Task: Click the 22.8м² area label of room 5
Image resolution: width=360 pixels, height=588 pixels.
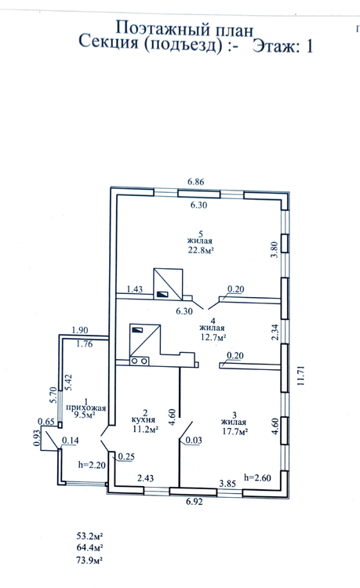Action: [x=201, y=250]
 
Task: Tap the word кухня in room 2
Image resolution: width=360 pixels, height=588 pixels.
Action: [x=144, y=419]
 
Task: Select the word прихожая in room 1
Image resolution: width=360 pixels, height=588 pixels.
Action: [x=85, y=408]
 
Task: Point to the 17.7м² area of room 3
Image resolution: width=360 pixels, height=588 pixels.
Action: [x=235, y=432]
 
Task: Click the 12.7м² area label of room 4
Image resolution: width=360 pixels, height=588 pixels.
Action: [x=213, y=337]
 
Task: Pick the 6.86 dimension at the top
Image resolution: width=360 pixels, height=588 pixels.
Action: [x=196, y=182]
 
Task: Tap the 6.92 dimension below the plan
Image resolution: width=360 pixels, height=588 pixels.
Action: [x=194, y=502]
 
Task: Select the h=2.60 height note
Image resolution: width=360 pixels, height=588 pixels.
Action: [x=257, y=477]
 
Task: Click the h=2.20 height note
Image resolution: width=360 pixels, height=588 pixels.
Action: [x=92, y=465]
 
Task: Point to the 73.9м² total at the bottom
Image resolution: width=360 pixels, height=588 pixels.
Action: [x=90, y=561]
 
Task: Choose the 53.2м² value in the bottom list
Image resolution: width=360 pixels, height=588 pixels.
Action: [x=90, y=535]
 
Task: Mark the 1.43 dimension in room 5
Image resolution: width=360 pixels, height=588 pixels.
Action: [x=135, y=289]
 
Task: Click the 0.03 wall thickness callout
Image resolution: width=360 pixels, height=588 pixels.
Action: [x=194, y=441]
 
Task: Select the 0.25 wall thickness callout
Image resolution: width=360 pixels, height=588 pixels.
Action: [x=126, y=456]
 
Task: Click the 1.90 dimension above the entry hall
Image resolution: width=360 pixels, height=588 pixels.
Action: [x=80, y=330]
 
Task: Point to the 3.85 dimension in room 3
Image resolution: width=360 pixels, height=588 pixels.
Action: [x=227, y=484]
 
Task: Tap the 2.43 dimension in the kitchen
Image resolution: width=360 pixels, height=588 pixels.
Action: [x=145, y=478]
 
